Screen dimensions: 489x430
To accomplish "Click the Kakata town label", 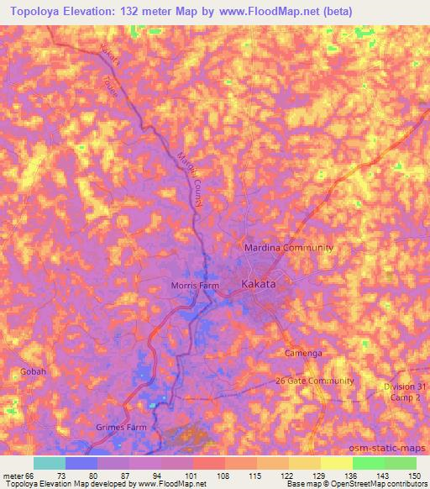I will pyautogui.click(x=259, y=285).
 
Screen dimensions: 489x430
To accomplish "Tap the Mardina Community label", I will pyautogui.click(x=288, y=248).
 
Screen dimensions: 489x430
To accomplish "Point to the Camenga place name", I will pyautogui.click(x=302, y=354).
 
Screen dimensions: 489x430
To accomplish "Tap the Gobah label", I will pyautogui.click(x=30, y=371).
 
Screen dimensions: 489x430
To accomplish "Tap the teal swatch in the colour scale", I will pyautogui.click(x=50, y=463).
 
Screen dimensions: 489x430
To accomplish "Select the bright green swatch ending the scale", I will pyautogui.click(x=400, y=463).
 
